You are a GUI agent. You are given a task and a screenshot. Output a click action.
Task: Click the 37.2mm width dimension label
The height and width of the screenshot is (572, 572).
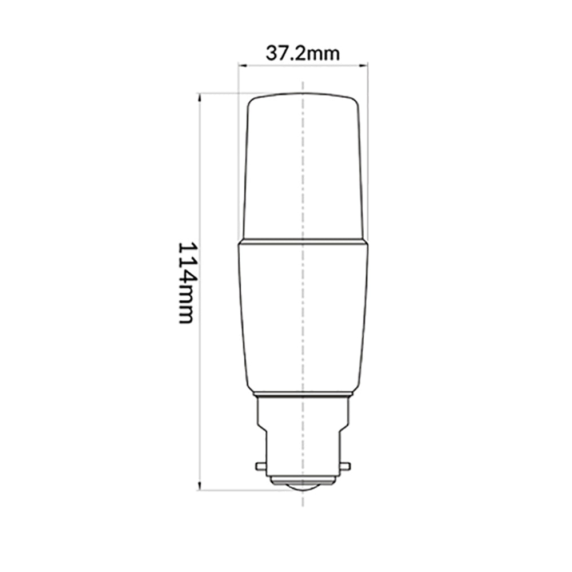coord(303,53)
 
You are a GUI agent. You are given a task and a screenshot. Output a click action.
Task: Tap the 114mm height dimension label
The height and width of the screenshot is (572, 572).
coord(187,282)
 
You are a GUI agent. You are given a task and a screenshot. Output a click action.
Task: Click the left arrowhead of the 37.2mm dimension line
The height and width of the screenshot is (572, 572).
coord(240,66)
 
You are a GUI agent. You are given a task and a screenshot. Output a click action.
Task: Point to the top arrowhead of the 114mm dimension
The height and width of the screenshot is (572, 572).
coord(200,96)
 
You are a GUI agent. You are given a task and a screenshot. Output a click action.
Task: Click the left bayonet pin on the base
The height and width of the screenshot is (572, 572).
coord(260,466)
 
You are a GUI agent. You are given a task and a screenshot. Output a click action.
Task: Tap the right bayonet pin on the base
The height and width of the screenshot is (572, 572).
coord(345,466)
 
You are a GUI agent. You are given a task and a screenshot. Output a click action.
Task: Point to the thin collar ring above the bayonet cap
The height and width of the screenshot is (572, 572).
coord(302,395)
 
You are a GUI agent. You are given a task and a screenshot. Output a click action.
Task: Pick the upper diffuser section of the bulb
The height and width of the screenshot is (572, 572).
coord(302,166)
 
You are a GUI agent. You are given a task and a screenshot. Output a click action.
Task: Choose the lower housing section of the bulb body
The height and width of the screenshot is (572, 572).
coord(302,315)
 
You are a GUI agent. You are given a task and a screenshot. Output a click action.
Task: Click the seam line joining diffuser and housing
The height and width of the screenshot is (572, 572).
coord(302,241)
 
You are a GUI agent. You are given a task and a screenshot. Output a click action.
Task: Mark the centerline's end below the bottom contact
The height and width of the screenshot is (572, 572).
coord(302,503)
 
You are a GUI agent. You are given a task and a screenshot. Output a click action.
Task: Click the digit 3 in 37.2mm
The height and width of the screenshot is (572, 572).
coord(271,53)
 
